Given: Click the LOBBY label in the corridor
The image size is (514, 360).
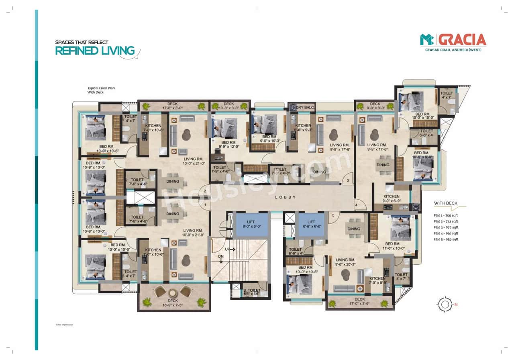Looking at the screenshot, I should pyautogui.click(x=286, y=197).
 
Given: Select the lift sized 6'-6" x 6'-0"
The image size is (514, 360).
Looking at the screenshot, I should pyautogui.click(x=311, y=224).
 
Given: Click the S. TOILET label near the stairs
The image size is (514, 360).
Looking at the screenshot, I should pyautogui.click(x=251, y=292).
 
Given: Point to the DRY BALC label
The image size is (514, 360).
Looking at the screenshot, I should pyautogui.click(x=305, y=107).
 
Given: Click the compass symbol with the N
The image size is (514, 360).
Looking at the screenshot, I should pyautogui.click(x=445, y=304).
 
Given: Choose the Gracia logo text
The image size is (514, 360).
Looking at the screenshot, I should pyautogui.click(x=462, y=39).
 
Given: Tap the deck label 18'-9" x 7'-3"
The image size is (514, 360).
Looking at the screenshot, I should pyautogui.click(x=173, y=303).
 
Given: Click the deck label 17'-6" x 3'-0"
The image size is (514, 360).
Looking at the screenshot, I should pyautogui.click(x=173, y=106).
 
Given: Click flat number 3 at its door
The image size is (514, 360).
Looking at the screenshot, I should pyautogui.click(x=348, y=181).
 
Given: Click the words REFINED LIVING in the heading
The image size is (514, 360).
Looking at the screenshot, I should pyautogui.click(x=95, y=51).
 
